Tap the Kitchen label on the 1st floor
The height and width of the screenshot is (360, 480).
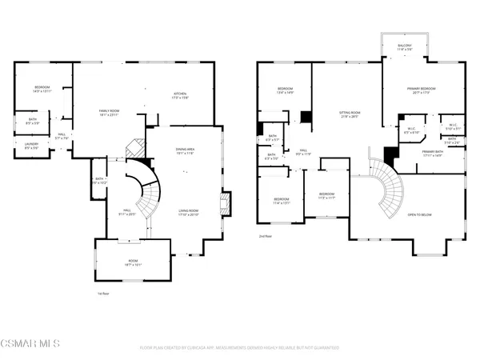pyautogui.click(x=181, y=96)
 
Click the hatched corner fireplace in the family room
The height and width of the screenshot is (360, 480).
pyautogui.click(x=137, y=149)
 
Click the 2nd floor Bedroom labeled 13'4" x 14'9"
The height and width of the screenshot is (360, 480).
pyautogui.click(x=286, y=90)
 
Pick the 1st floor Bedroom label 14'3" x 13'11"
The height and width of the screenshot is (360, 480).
pyautogui.click(x=42, y=90)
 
